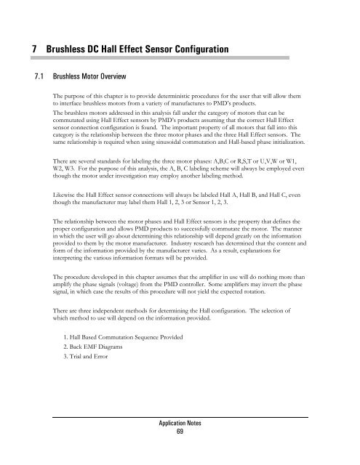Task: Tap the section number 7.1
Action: pyautogui.click(x=31, y=76)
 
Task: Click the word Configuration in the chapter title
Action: pyautogui.click(x=194, y=49)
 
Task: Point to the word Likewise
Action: pyautogui.click(x=57, y=197)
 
